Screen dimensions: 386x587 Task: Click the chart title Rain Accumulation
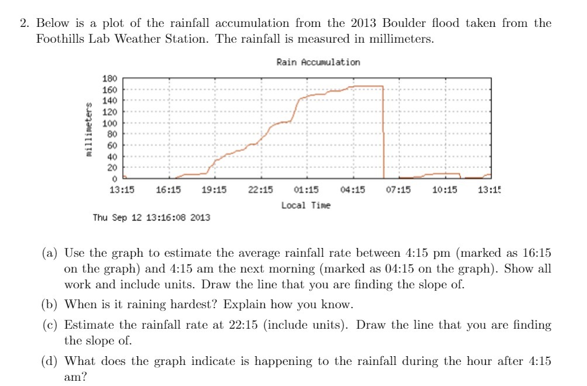point(318,62)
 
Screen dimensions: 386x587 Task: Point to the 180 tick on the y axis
point(111,78)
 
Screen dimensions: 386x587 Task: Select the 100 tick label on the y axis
point(111,123)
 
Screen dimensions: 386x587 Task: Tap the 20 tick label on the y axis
point(112,168)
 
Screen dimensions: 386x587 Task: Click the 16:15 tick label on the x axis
point(168,189)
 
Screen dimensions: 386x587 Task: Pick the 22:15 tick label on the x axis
point(261,189)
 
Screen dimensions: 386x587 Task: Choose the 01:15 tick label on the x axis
point(306,189)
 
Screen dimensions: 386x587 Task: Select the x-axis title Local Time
point(306,205)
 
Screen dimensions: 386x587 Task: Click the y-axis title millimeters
point(89,129)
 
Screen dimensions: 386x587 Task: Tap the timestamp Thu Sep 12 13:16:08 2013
point(152,218)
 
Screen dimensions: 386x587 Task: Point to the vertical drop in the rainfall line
point(383,132)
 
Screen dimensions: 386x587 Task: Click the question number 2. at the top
point(25,23)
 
